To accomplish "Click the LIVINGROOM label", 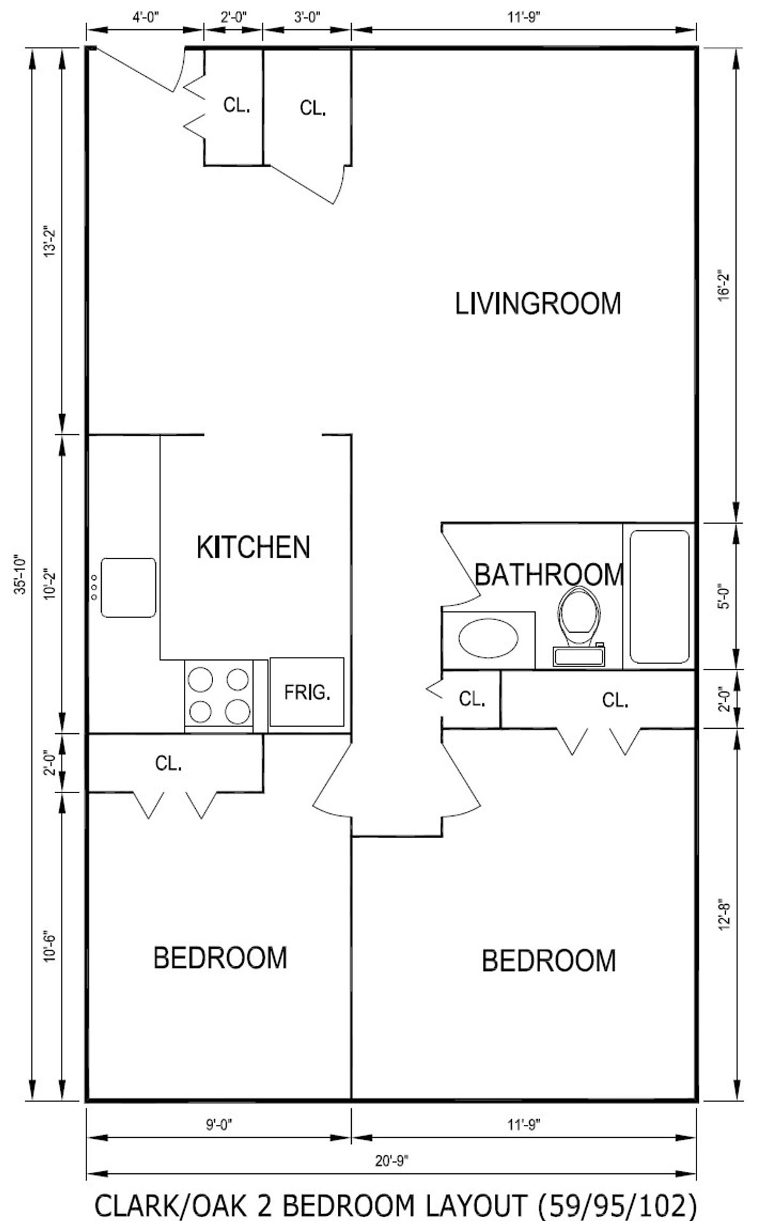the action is [x=538, y=303].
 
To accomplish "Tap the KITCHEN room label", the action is [x=253, y=547].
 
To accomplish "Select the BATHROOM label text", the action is [x=549, y=575].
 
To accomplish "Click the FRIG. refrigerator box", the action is [x=307, y=692].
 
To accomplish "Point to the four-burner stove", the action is [x=219, y=695].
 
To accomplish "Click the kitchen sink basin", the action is [x=128, y=588].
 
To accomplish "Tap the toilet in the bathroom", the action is [x=579, y=626].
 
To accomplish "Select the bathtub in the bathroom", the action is [x=660, y=597].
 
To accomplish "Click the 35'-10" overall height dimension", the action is [x=22, y=574].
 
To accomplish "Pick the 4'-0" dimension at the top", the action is [x=145, y=18].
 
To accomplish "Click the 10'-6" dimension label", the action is [x=50, y=947].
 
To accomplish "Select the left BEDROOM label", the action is [x=220, y=958].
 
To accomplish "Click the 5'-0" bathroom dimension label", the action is [x=725, y=597].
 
